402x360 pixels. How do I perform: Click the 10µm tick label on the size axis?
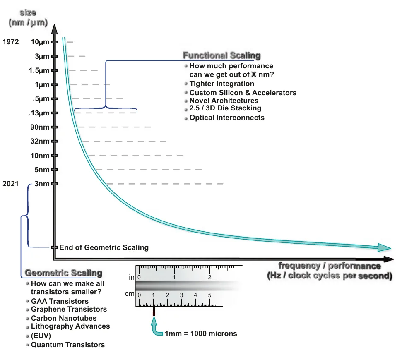coord(40,42)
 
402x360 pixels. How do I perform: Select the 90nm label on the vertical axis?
coord(40,127)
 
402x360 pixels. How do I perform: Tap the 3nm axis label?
coord(42,184)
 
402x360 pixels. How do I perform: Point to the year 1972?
coord(11,42)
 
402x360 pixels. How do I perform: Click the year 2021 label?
coord(10,184)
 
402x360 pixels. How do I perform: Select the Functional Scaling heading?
coord(222,55)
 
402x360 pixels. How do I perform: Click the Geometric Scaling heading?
coord(64,273)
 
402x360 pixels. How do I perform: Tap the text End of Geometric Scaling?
coord(104,247)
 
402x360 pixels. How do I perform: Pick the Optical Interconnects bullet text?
coord(227,118)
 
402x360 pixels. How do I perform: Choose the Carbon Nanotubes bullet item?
coord(64,318)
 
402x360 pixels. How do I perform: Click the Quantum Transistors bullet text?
coord(68,345)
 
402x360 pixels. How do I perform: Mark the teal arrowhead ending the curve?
coord(384,248)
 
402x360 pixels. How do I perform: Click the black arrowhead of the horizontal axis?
coord(389,259)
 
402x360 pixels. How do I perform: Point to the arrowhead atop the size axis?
coord(54,29)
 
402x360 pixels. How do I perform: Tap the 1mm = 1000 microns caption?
coord(201,334)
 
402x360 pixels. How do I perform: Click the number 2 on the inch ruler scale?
coord(209,277)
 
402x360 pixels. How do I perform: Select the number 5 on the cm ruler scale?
coord(209,295)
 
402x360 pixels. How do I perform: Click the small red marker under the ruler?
coord(154,311)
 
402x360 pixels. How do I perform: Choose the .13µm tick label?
coord(39,113)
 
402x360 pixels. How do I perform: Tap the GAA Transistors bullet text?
coord(60,301)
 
